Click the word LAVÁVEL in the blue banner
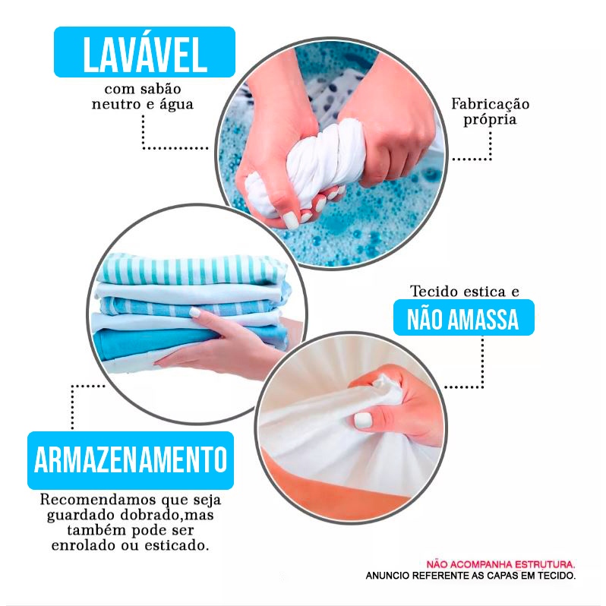pyautogui.click(x=144, y=54)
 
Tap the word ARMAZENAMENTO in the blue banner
pyautogui.click(x=131, y=460)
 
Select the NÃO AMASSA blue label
pyautogui.click(x=463, y=318)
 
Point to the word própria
pyautogui.click(x=490, y=119)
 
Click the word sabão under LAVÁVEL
pyautogui.click(x=160, y=89)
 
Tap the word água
pyautogui.click(x=176, y=105)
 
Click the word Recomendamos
pyautogui.click(x=98, y=500)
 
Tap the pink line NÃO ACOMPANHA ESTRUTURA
pyautogui.click(x=500, y=565)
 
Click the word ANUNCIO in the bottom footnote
pyautogui.click(x=387, y=576)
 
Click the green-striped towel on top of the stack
pyautogui.click(x=192, y=269)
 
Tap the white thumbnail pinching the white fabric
pyautogui.click(x=363, y=420)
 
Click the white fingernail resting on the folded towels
pyautogui.click(x=195, y=312)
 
